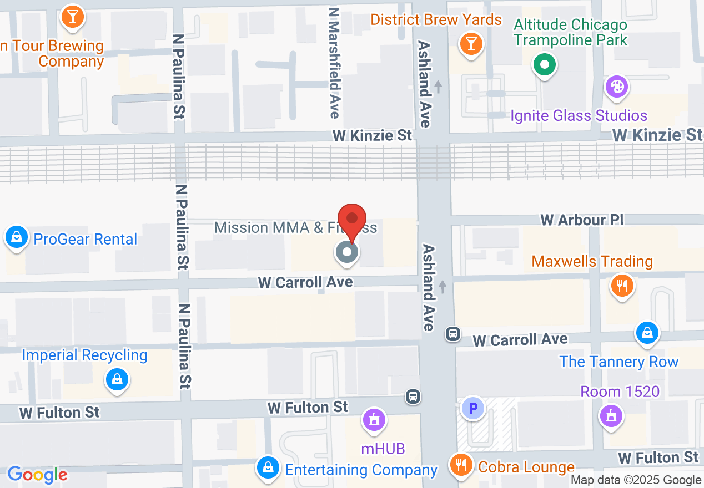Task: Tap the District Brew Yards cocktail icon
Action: (471, 44)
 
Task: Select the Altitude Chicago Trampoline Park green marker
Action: (545, 65)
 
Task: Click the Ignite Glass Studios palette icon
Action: (616, 87)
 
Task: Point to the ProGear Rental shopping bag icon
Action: (17, 237)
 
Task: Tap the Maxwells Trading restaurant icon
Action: (622, 286)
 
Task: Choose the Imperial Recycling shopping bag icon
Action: (117, 380)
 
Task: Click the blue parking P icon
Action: (473, 409)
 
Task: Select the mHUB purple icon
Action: (375, 419)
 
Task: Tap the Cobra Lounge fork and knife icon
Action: (460, 465)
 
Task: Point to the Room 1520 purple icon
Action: (611, 415)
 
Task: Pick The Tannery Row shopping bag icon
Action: (647, 333)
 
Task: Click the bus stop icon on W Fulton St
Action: (413, 396)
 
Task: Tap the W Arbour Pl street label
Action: (582, 220)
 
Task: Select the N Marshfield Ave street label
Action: (334, 62)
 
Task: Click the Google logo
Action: (37, 475)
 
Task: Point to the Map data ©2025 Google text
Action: (636, 480)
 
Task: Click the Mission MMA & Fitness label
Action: (295, 228)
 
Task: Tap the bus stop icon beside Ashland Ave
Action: (453, 334)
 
